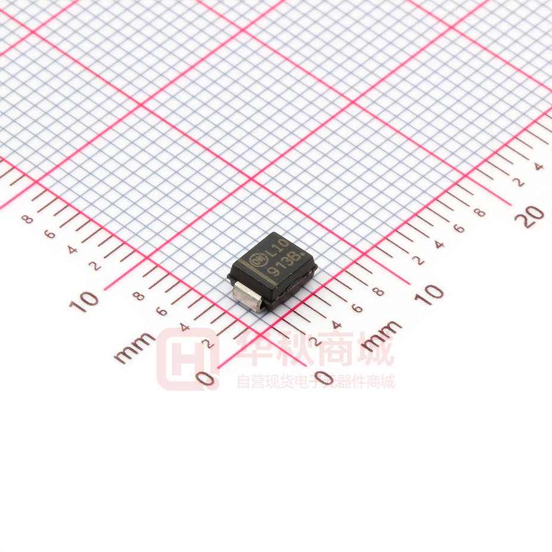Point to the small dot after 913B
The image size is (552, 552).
tap(306, 258)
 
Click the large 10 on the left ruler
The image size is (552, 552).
tap(84, 300)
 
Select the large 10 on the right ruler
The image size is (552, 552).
tap(430, 293)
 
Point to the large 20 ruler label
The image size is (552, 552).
tap(529, 215)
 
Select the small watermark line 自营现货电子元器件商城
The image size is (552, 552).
tap(316, 381)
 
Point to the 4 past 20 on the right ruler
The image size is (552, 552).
tap(539, 166)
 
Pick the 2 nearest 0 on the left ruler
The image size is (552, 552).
tap(208, 343)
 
